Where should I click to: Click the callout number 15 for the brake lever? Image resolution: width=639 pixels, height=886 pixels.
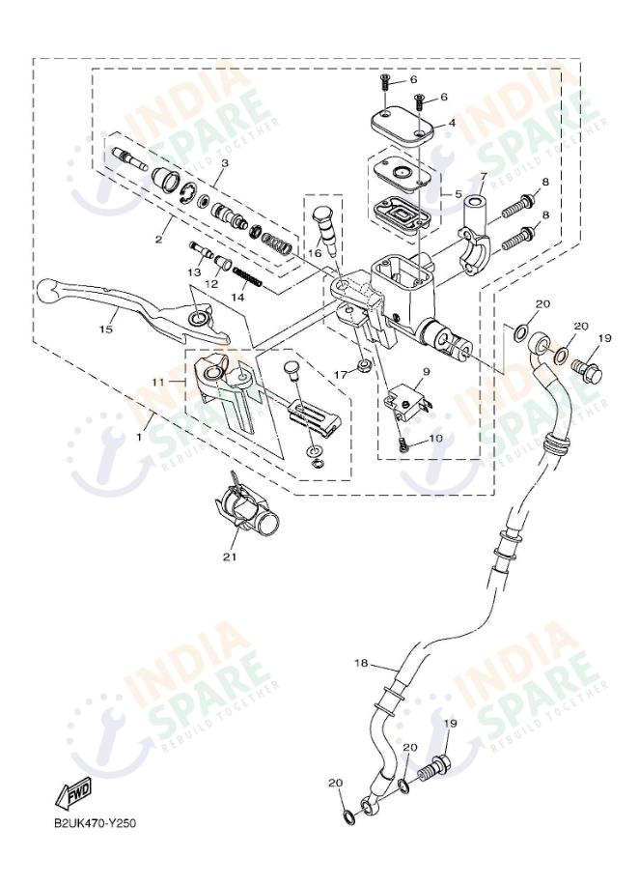click(105, 329)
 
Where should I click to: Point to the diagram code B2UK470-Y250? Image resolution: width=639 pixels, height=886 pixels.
click(95, 823)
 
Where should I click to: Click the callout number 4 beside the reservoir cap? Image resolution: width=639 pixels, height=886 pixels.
click(453, 125)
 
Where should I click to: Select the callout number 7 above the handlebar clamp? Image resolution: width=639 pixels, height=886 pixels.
click(483, 177)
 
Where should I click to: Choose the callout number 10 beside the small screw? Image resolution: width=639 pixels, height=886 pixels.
click(435, 438)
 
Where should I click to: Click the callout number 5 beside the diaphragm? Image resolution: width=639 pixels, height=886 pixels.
click(458, 192)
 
